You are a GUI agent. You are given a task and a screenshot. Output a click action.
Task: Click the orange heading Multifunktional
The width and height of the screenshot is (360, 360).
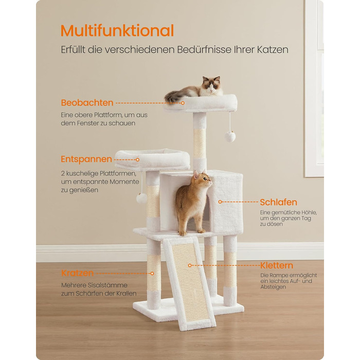coord(117,30)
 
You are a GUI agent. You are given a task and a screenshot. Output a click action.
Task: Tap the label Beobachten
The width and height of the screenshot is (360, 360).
coord(87,103)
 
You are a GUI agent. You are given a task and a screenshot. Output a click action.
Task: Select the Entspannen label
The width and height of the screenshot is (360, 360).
coord(86,159)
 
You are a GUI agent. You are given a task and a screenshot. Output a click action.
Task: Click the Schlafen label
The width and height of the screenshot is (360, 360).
coord(278,202)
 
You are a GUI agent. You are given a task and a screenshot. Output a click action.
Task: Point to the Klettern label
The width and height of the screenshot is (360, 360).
coord(277,265)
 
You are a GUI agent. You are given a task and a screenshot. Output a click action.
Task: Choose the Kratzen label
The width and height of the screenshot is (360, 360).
coord(77,273)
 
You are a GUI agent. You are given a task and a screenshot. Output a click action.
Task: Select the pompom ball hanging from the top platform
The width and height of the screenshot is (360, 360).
coord(230,136)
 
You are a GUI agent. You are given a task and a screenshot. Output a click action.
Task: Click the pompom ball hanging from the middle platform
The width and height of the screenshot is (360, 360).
coord(141,199)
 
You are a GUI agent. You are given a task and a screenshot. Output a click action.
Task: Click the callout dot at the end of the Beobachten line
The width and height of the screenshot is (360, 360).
coord(183,103)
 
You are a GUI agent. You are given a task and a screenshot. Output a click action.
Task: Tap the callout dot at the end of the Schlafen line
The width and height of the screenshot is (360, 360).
coord(220,202)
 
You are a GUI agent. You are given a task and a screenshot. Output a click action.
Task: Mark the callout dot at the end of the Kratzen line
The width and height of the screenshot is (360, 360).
coord(152,274)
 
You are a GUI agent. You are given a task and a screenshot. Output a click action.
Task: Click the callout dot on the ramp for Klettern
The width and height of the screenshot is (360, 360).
coord(190,265)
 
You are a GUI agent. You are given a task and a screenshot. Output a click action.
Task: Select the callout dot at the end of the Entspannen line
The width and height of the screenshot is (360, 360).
coord(137,159)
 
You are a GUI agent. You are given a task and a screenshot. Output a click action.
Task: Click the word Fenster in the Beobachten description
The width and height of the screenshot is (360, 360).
coord(88,123)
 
